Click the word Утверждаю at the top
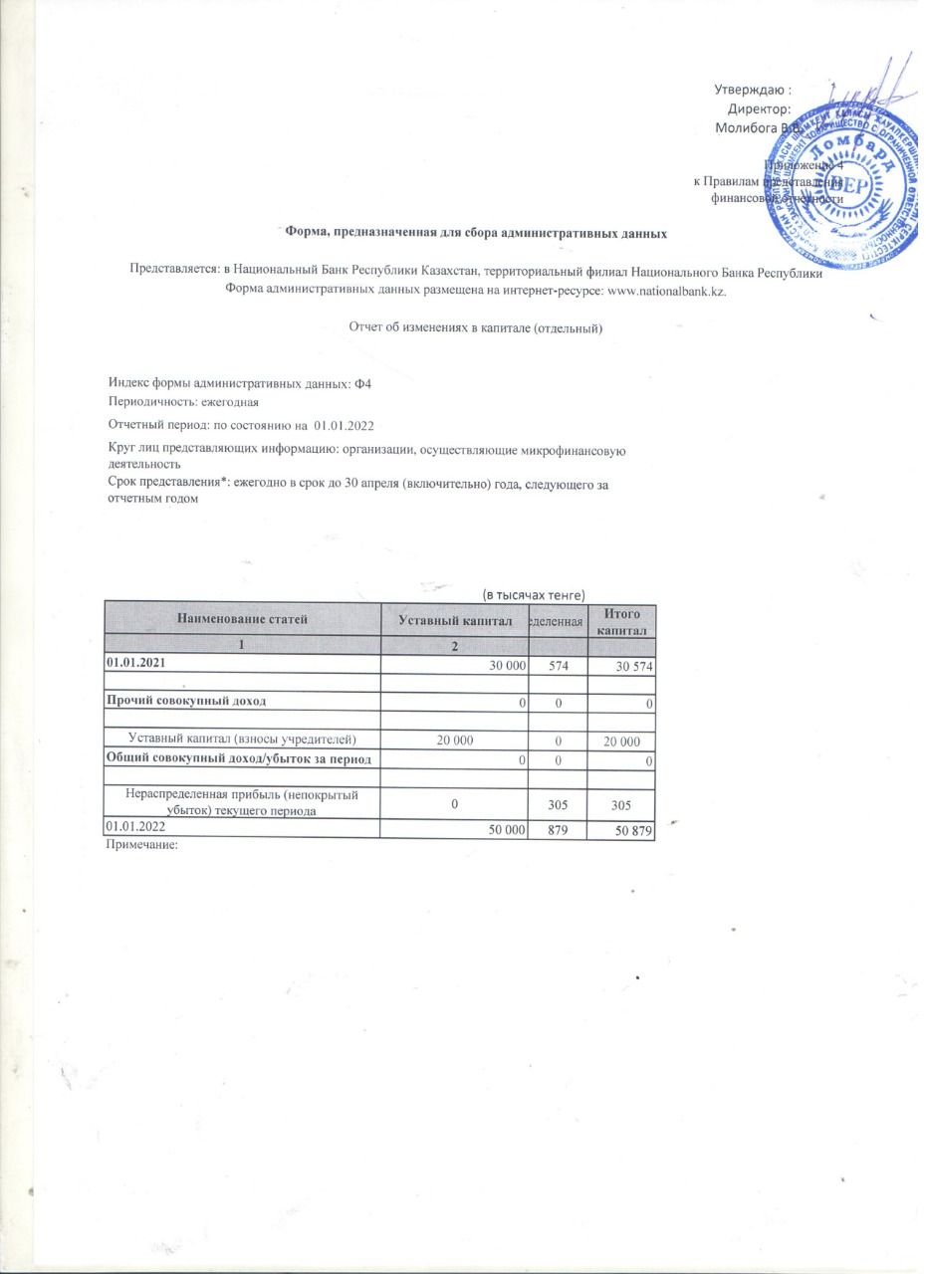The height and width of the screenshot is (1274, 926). click(x=752, y=91)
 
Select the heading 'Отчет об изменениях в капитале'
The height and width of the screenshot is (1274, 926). click(x=475, y=327)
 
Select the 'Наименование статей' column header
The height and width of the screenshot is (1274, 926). click(x=242, y=619)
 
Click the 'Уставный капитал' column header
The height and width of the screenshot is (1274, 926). click(x=454, y=621)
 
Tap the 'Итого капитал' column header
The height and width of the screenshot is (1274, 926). click(x=622, y=621)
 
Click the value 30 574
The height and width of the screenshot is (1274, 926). click(x=632, y=665)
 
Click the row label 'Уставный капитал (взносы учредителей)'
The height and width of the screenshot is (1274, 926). click(x=242, y=739)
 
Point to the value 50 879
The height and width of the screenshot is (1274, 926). click(x=632, y=829)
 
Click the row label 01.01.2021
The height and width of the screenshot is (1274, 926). click(x=134, y=662)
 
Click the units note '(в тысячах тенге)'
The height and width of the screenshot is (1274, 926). click(x=527, y=593)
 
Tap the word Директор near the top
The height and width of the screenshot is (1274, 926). click(x=759, y=108)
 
